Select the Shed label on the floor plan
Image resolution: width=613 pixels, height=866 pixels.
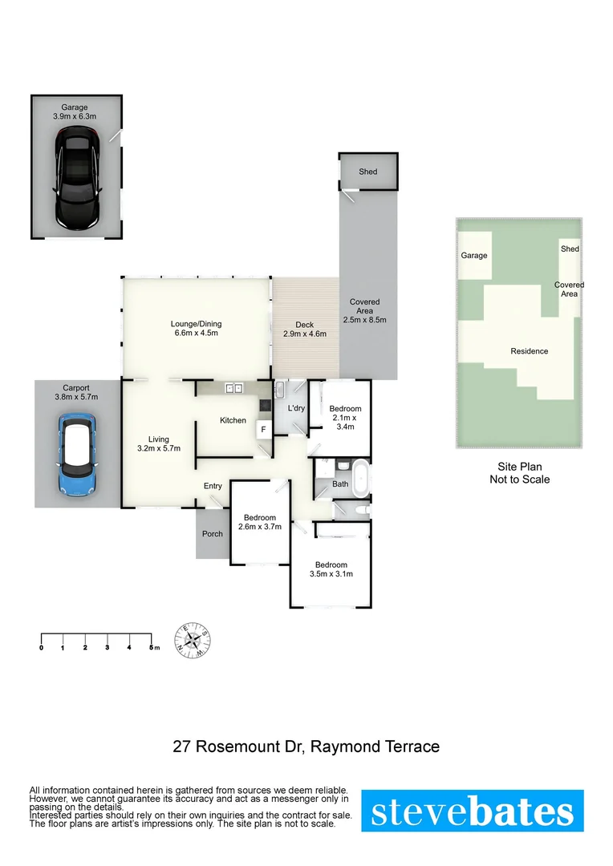367,172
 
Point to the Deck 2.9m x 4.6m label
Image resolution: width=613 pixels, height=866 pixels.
306,330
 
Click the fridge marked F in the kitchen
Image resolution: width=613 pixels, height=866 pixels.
262,430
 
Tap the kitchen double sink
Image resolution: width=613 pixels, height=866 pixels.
234,389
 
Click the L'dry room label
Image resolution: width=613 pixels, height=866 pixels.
296,409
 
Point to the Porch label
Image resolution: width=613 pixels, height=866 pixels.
213,534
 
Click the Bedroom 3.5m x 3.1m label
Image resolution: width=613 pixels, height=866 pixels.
331,569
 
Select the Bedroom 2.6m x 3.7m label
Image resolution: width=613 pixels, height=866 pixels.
260,522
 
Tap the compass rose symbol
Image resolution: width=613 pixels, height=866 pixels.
193,641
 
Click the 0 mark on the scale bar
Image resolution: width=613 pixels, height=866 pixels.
41,647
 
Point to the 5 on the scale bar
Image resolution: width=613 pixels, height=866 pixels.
151,647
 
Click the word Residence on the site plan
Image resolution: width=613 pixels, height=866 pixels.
530,351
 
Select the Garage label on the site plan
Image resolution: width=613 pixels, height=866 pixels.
473,256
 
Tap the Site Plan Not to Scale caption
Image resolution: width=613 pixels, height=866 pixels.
519,473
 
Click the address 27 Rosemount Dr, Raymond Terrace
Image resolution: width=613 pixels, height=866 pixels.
306,747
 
